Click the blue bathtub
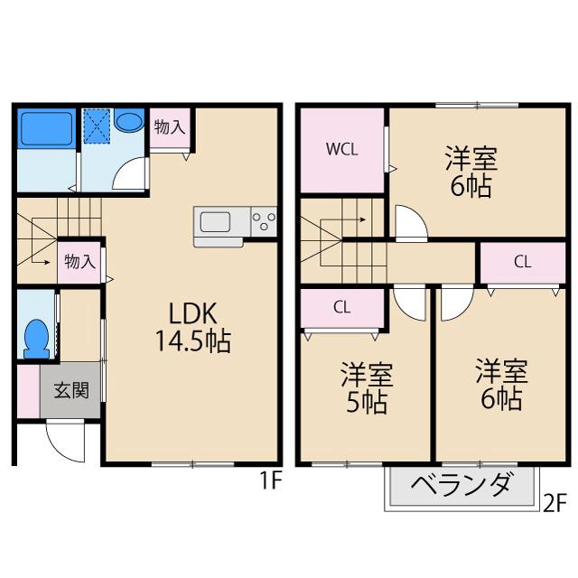click(46, 128)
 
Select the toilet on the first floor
click(35, 337)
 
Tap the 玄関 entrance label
click(70, 391)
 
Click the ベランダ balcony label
click(461, 487)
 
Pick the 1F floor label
click(272, 481)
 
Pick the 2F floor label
click(554, 502)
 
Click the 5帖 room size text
click(367, 401)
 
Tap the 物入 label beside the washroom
click(169, 127)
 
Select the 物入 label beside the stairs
click(79, 262)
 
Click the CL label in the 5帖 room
click(341, 307)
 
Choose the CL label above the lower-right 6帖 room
click(521, 263)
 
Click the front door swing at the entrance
click(65, 442)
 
